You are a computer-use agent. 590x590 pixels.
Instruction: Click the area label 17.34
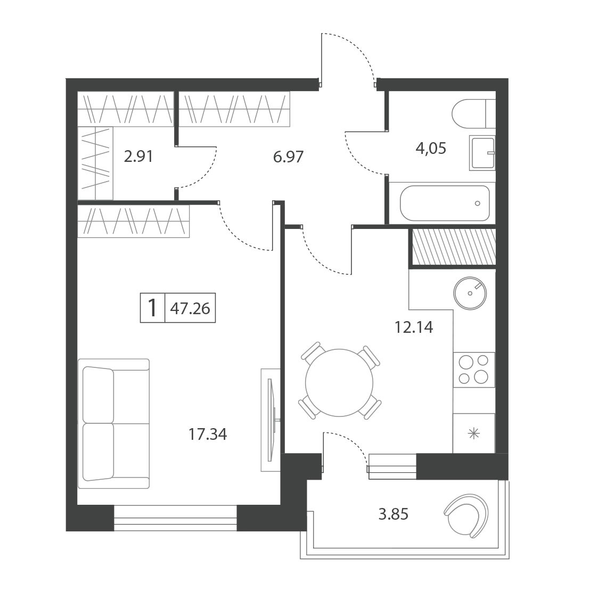[208, 435]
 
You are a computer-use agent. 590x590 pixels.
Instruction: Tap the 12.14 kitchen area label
[414, 327]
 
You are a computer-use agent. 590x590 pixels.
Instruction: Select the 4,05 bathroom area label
[431, 148]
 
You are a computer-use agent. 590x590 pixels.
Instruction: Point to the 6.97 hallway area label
[288, 157]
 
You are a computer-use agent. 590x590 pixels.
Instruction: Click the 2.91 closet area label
[138, 157]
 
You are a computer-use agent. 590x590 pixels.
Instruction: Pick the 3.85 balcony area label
[393, 514]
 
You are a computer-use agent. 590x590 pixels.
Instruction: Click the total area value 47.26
[190, 308]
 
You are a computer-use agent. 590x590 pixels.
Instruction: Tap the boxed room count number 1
[152, 308]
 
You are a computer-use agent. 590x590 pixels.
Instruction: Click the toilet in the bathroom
[474, 113]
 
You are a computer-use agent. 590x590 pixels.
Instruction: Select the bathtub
[445, 203]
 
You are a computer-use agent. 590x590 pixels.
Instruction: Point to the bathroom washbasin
[482, 153]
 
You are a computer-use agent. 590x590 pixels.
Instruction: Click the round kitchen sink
[470, 293]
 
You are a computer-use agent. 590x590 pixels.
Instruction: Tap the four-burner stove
[473, 370]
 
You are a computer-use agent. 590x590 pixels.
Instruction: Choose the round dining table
[339, 383]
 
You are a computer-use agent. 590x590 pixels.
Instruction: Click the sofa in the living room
[113, 424]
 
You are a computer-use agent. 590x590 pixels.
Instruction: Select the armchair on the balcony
[468, 515]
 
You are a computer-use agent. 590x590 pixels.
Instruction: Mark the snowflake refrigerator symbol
[473, 434]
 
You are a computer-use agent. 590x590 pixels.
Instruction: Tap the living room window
[175, 518]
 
